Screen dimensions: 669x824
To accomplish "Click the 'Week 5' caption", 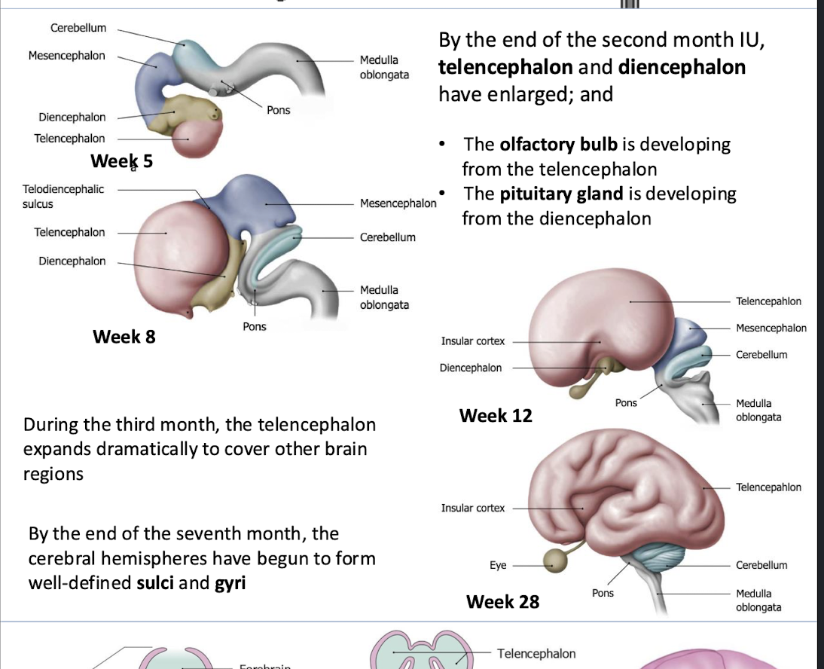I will click(121, 161).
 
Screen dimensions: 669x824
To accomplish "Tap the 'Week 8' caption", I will click(124, 336).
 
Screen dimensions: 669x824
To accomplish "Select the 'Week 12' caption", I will click(496, 415).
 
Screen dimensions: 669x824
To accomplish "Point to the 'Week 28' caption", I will click(502, 601).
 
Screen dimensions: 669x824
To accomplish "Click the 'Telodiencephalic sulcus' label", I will click(63, 196).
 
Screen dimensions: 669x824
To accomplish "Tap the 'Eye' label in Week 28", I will click(498, 565).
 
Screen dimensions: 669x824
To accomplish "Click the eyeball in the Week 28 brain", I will click(556, 559).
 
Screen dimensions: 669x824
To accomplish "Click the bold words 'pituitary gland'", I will click(561, 194).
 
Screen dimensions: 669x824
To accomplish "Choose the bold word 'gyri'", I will click(230, 583).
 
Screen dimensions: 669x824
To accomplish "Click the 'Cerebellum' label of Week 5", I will click(78, 28).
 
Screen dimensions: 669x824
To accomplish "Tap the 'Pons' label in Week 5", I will click(278, 110).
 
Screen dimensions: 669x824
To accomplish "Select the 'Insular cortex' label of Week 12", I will click(473, 341).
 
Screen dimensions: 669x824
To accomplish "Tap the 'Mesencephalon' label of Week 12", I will click(771, 328).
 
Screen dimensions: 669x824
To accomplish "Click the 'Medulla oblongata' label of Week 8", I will click(384, 297).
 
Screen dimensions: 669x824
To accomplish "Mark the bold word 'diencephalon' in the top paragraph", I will click(682, 68).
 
